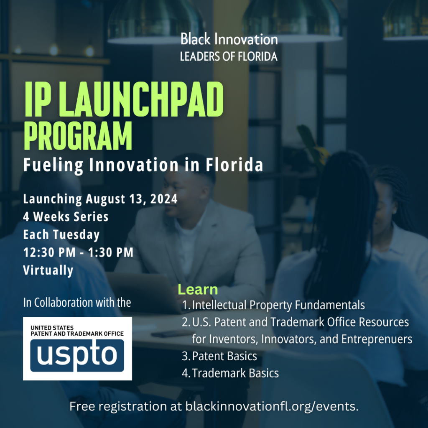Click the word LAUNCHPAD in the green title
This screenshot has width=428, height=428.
(145, 99)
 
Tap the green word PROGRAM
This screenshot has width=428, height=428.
(78, 136)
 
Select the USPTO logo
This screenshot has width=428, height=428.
(77, 349)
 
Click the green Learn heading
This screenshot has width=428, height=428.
(198, 289)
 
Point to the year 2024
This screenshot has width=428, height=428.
(164, 199)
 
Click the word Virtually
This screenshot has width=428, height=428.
(48, 270)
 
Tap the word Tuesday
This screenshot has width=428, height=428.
(76, 235)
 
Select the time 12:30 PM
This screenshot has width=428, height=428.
(49, 252)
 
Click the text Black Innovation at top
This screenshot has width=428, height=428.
(229, 39)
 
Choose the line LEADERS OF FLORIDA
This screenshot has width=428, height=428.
(229, 56)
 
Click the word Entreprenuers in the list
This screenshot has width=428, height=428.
(377, 339)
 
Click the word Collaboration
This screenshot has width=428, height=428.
(59, 303)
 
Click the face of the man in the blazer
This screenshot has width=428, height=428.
(177, 196)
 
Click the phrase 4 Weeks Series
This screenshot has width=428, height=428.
(66, 217)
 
